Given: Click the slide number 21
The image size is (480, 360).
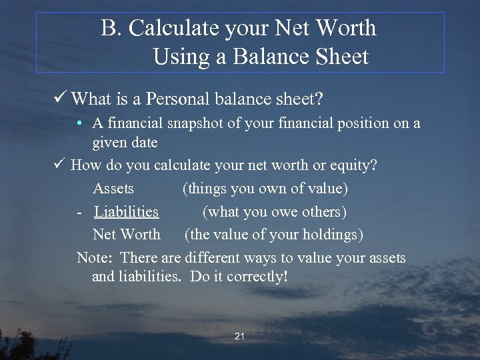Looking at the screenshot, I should [239, 337].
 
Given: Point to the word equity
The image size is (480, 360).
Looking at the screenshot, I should [355, 165].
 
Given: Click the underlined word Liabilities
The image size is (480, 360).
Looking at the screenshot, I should [126, 212].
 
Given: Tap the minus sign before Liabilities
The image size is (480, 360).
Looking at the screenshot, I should [79, 212].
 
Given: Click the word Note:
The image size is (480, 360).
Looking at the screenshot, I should [96, 258].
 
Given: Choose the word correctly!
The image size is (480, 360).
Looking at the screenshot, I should [257, 276].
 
